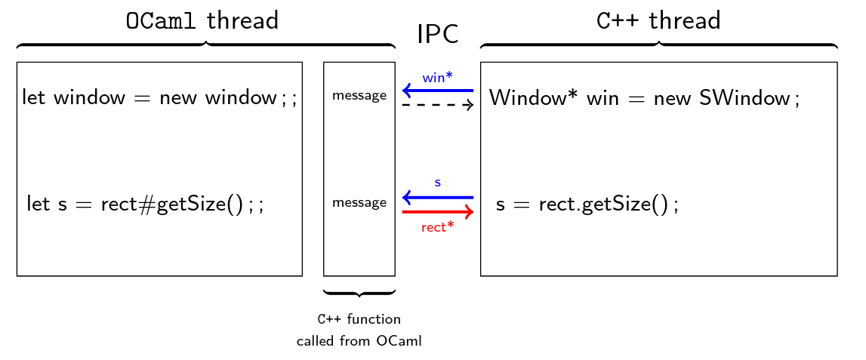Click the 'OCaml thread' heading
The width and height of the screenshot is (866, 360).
click(x=202, y=21)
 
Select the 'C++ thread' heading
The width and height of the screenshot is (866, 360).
click(x=658, y=21)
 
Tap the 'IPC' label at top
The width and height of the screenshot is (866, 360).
click(x=438, y=34)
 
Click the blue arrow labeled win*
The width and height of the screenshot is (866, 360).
click(x=438, y=91)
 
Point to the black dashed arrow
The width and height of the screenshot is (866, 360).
click(x=438, y=105)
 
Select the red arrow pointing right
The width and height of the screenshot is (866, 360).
click(x=438, y=212)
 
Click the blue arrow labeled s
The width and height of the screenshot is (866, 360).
click(x=438, y=198)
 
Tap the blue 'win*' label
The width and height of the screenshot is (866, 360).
click(x=438, y=77)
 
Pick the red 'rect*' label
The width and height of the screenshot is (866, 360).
click(x=438, y=227)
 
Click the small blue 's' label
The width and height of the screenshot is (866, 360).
click(x=438, y=183)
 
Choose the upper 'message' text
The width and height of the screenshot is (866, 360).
click(x=359, y=96)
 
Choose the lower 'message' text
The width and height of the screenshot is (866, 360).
click(x=359, y=202)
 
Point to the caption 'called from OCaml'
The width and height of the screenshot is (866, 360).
click(x=359, y=341)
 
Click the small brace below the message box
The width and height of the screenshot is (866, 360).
click(x=359, y=293)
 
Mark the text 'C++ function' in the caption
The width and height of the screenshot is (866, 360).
click(x=359, y=319)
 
